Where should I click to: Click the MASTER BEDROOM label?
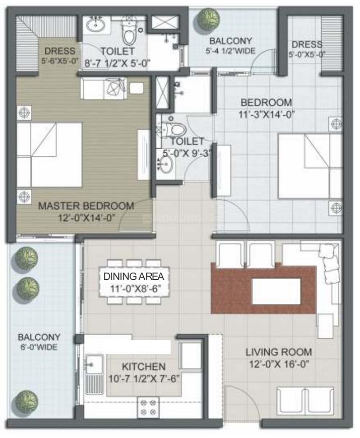tap(86, 206)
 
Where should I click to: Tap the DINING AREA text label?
tap(134, 276)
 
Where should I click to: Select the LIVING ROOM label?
tap(278, 352)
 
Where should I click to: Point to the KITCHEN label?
tap(144, 366)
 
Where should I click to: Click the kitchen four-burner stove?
tap(148, 407)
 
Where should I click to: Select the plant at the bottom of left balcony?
tap(26, 402)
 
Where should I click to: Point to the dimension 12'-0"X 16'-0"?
tap(278, 363)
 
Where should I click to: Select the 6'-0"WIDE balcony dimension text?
tap(39, 347)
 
